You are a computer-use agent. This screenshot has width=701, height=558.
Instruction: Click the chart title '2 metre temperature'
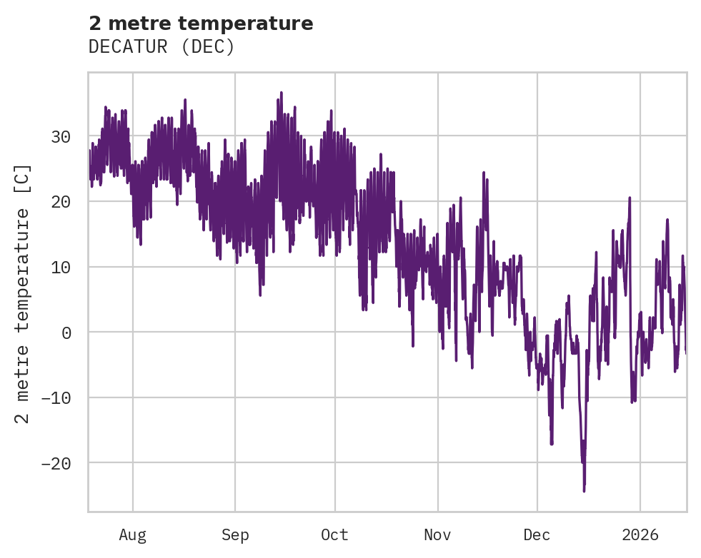click(201, 24)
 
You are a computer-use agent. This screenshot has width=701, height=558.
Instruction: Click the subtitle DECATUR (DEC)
click(161, 47)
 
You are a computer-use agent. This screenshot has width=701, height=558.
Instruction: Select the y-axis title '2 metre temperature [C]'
click(23, 294)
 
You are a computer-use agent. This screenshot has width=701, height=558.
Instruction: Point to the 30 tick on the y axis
click(61, 136)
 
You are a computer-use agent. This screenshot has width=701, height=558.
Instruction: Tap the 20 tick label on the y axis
click(61, 202)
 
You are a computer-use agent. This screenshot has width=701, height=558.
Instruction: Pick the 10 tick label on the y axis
click(61, 267)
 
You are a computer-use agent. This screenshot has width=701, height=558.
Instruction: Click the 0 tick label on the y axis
click(66, 333)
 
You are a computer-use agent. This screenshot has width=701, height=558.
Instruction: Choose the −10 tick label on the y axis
click(56, 397)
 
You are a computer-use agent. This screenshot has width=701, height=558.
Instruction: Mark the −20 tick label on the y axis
click(56, 463)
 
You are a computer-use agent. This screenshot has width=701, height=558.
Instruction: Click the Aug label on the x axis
click(133, 534)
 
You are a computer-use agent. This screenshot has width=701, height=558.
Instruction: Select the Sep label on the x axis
click(235, 534)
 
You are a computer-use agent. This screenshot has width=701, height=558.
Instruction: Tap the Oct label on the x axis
click(334, 534)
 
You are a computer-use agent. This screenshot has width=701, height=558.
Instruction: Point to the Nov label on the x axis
click(437, 534)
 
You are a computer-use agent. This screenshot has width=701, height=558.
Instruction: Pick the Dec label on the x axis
click(537, 534)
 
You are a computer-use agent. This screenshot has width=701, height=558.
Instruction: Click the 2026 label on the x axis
click(640, 534)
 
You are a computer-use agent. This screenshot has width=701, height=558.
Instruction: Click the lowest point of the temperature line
click(584, 491)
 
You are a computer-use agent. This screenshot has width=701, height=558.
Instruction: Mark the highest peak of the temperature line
click(282, 92)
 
